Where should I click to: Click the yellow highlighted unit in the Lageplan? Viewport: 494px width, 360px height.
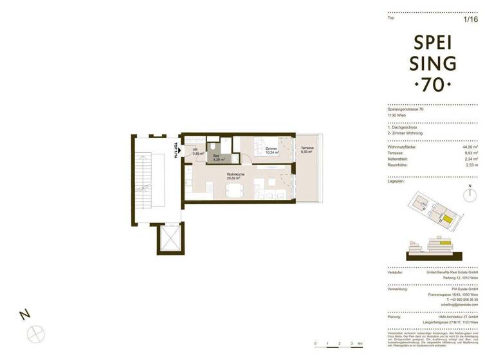[x=446, y=221]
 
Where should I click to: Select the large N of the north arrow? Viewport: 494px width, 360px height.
[x=24, y=314]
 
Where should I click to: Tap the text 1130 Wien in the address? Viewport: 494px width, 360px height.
[x=397, y=115]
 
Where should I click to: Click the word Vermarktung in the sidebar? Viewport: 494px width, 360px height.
[x=398, y=289]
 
